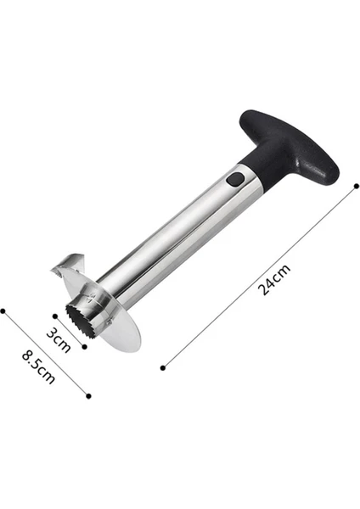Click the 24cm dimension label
[273, 280]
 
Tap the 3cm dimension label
[59, 340]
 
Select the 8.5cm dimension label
[38, 366]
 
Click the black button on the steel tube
[235, 180]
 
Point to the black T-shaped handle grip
[289, 145]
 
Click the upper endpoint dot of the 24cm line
[357, 186]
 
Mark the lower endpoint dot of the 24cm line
[163, 368]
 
